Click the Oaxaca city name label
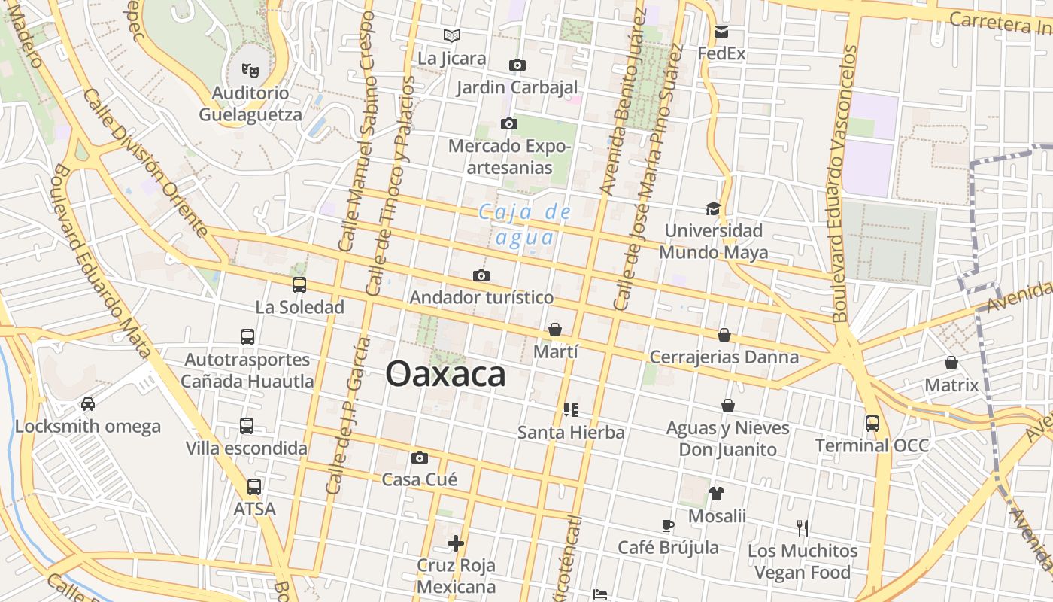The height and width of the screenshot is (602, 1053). [445, 374]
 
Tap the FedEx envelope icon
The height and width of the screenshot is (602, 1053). [721, 32]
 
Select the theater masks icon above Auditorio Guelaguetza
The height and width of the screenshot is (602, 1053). [250, 71]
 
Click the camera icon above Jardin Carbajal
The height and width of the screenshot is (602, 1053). [517, 65]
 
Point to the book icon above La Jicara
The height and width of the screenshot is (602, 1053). [451, 35]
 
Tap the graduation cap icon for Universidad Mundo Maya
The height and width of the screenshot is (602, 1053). [713, 208]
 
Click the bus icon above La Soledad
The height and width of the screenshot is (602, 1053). [299, 284]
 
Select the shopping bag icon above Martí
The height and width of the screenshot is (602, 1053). [555, 330]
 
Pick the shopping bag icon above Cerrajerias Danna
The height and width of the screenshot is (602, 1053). [724, 335]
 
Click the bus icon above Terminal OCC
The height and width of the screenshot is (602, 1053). [872, 424]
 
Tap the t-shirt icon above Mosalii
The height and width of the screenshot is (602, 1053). [717, 494]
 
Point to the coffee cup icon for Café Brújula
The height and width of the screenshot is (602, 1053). [667, 525]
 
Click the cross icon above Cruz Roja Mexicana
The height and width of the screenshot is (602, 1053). [456, 543]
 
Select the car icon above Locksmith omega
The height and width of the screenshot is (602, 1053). [88, 404]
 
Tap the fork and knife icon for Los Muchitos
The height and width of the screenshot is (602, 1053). [803, 528]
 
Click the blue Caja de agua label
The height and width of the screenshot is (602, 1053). [525, 225]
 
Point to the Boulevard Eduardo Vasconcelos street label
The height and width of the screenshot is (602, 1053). [845, 184]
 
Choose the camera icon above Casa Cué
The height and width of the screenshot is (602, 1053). [420, 458]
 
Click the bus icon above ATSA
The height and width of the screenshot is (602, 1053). [254, 487]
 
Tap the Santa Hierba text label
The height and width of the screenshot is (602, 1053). [571, 433]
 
